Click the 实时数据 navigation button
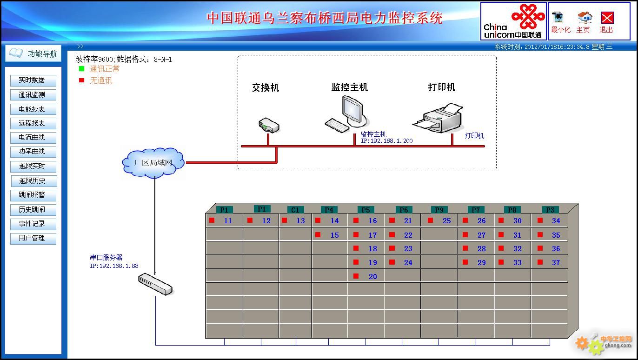33,80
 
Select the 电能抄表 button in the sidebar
33,109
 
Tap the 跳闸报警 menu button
33,195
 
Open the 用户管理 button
33,238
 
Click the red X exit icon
607,18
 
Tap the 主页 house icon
585,18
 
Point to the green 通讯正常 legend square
82,69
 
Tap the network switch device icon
269,125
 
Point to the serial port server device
155,284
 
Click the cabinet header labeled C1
295,210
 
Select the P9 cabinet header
439,210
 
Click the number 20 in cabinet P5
372,277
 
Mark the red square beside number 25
431,220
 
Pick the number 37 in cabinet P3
556,263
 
